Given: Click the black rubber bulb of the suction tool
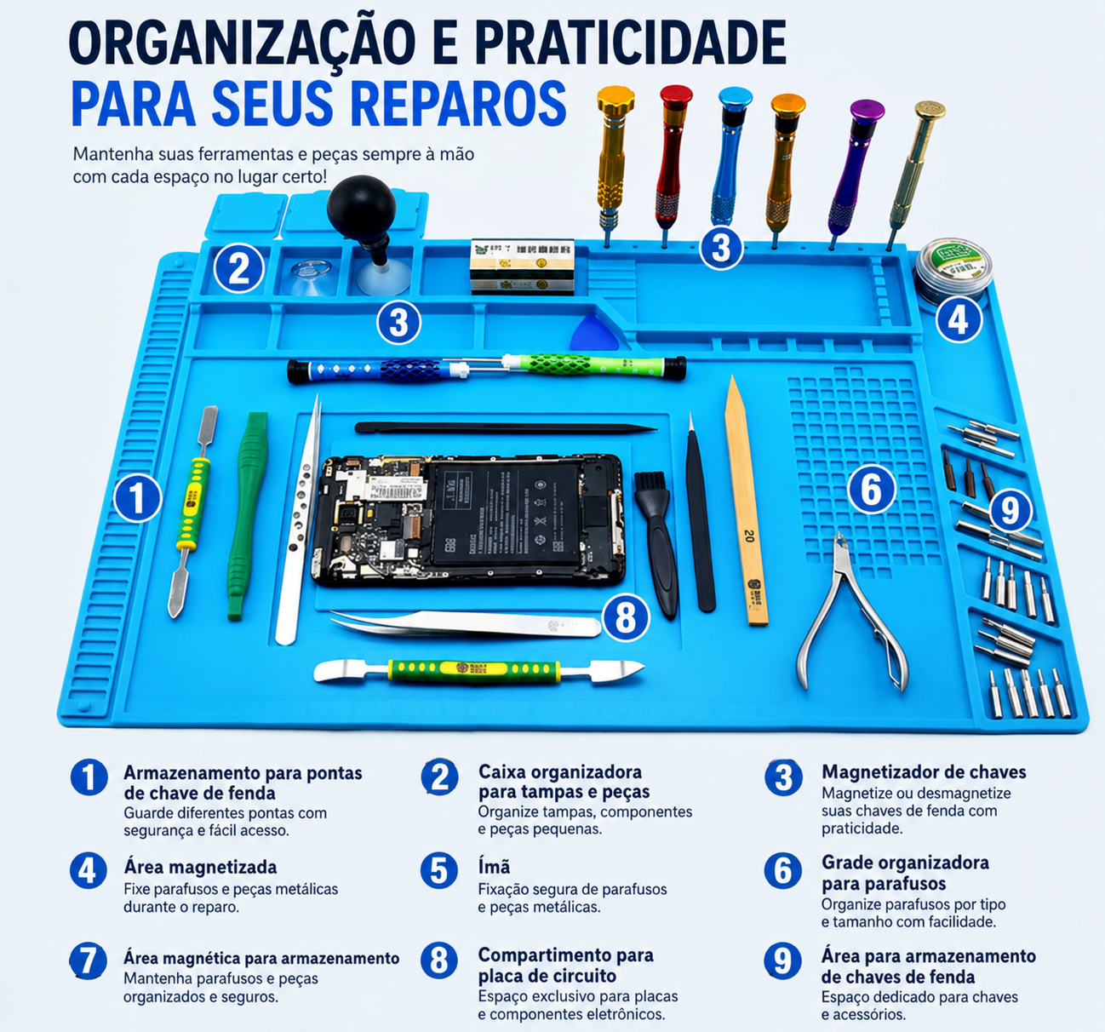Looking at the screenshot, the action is pos(361,207).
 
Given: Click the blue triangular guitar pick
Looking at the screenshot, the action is pos(594,333).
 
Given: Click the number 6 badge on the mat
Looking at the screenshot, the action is pos(871,489).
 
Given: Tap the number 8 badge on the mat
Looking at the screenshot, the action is pos(625,617).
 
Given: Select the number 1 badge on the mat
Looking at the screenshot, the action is pos(137,497).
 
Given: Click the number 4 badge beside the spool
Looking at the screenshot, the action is pos(959,320).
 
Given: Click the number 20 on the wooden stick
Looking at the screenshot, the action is pos(748,536).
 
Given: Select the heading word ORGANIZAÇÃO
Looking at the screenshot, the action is pos(242,44).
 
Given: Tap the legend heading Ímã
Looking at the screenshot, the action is pos(494,867).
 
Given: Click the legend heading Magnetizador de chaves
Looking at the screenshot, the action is pos(924,772).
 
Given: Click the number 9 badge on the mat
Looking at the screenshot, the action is pos(1010,511).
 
